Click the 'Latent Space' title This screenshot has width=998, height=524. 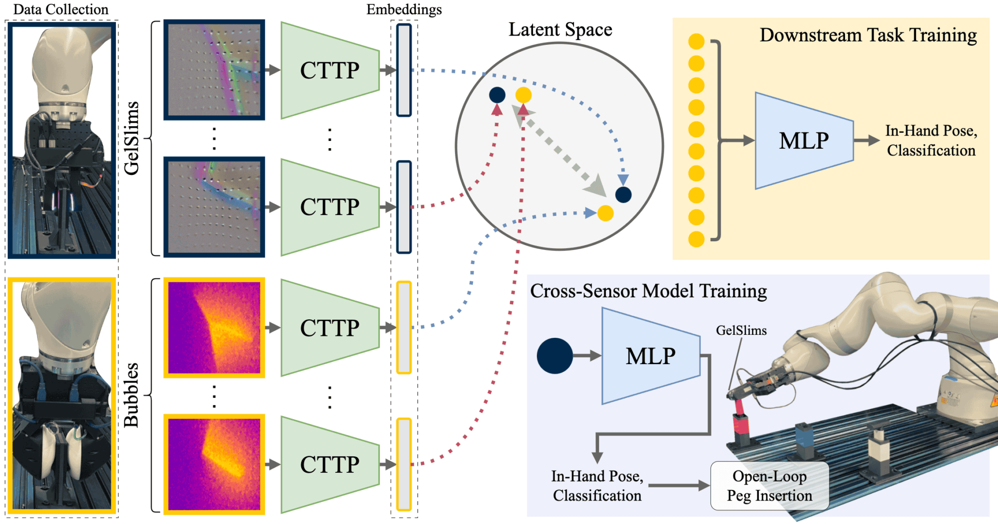pos(560,30)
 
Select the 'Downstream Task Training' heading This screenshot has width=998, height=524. pos(868,36)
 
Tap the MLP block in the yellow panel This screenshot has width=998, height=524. pos(804,141)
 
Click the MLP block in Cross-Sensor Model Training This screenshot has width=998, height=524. pos(651,356)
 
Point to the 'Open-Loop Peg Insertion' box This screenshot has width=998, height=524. pos(769,485)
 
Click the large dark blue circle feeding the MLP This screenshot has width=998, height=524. pos(555,356)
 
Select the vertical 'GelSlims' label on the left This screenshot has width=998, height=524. pos(132,138)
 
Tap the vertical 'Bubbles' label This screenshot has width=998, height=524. pos(132,395)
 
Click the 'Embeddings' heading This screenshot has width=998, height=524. pos(404,9)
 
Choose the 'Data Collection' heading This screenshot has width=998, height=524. pos(61,9)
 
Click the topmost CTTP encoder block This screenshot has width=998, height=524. pos(330,70)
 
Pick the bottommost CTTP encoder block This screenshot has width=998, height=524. pos(330,465)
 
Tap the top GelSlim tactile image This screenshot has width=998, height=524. pos(214,70)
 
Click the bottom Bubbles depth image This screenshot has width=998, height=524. pos(214,465)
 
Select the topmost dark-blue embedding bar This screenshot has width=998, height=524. pos(404,70)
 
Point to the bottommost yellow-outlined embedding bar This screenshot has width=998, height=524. pos(404,465)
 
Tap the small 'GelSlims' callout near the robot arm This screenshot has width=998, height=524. pos(741,330)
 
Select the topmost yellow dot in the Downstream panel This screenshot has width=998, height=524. pos(696,41)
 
